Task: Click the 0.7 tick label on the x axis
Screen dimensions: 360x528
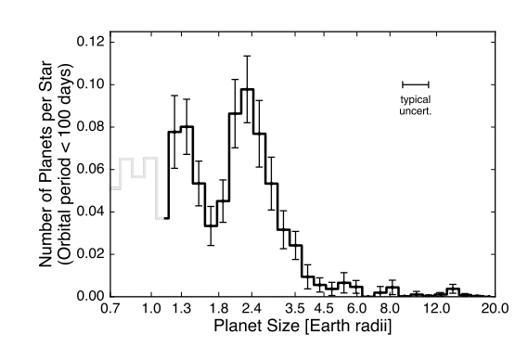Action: (110, 309)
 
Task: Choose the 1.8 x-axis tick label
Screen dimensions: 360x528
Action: (219, 309)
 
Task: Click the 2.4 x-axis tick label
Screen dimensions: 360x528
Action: (251, 309)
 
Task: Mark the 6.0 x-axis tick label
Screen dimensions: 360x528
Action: (357, 309)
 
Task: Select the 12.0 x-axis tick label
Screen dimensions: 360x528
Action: (435, 309)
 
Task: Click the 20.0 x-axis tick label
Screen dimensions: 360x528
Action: (495, 309)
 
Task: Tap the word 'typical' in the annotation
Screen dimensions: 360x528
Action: (415, 98)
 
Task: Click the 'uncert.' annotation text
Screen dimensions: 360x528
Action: (415, 109)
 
